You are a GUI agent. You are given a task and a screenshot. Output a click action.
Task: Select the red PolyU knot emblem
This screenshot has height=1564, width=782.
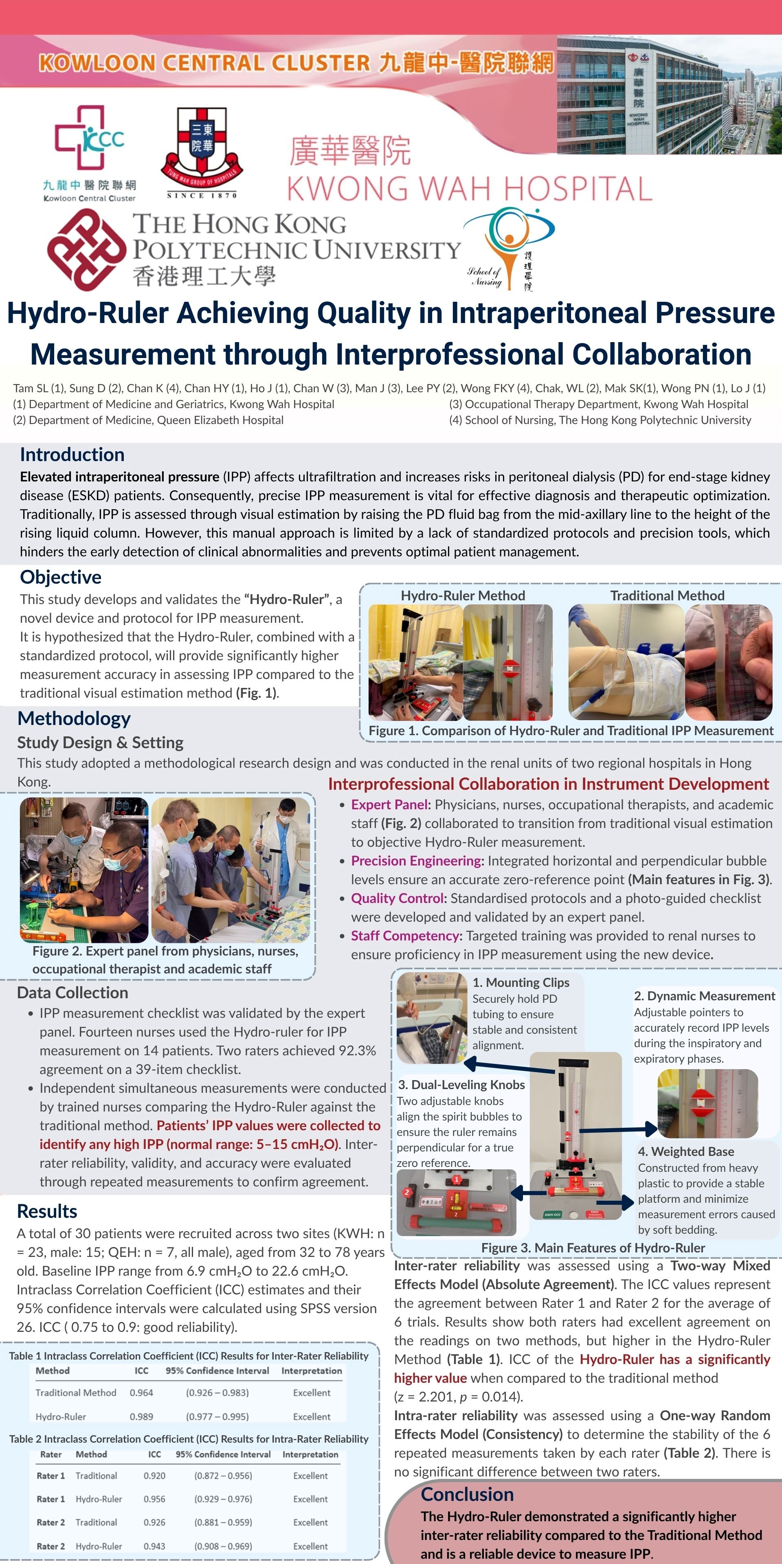86,249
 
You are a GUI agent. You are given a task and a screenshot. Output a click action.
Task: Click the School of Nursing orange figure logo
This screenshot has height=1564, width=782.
509,248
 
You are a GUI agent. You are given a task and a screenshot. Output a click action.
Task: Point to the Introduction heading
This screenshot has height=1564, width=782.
72,455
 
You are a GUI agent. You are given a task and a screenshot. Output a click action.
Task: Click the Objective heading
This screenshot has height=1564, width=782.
60,577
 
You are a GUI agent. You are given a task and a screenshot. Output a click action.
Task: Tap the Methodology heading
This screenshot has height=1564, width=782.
74,718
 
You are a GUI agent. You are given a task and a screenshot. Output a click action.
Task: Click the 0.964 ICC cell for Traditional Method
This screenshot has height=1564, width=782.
141,1393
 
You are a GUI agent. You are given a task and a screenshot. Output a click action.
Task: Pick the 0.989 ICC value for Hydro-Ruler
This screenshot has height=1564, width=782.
141,1417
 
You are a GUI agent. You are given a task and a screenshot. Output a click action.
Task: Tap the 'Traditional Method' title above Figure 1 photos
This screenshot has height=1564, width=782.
667,595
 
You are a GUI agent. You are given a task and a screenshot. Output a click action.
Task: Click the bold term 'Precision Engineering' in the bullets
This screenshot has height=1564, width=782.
416,861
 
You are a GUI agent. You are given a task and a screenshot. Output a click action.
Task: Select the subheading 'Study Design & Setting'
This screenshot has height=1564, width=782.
100,742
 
